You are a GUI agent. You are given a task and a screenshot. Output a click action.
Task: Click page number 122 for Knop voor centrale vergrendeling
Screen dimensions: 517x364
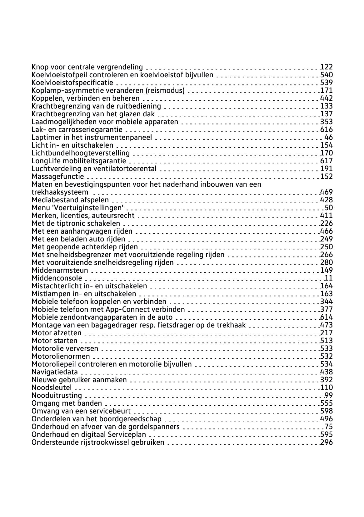[327, 67]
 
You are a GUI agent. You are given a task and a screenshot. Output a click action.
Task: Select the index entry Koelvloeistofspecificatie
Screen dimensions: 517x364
[72, 83]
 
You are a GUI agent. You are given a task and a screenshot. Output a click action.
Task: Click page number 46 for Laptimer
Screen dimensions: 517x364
[329, 137]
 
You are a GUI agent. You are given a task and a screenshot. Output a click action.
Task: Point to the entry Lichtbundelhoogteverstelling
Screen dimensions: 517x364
[81, 153]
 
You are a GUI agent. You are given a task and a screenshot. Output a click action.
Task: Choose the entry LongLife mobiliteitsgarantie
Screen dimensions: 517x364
[79, 161]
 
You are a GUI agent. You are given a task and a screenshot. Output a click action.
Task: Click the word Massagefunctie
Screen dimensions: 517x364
[58, 176]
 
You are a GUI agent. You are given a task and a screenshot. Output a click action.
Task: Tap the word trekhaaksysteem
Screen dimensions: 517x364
[60, 192]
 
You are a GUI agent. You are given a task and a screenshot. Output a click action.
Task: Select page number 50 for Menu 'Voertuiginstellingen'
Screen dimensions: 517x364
[329, 208]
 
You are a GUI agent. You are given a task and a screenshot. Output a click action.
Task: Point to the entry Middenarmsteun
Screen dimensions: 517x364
[60, 270]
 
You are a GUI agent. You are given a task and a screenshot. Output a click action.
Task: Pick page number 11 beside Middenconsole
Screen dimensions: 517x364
[329, 278]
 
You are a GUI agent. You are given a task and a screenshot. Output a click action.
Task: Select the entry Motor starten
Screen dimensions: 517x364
[54, 341]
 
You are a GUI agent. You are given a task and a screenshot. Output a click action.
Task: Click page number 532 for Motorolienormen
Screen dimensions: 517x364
[327, 356]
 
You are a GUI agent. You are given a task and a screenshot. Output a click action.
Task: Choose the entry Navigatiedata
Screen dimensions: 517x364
[55, 372]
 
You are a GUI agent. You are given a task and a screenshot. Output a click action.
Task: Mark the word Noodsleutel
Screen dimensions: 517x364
[52, 388]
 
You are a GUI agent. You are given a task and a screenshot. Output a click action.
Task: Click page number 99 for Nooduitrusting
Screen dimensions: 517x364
[329, 395]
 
